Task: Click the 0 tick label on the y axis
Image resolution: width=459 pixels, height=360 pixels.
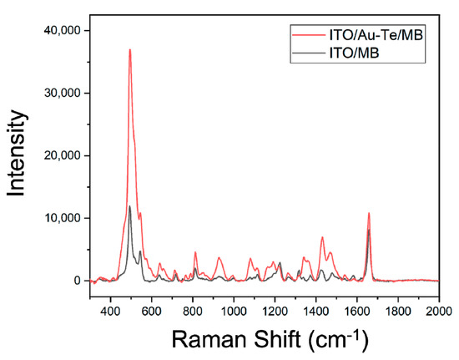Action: coord(73,281)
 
